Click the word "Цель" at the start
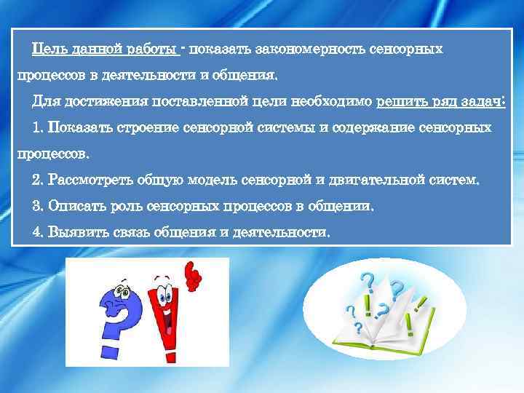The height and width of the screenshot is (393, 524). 47,49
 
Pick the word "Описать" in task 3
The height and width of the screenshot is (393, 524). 71,206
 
